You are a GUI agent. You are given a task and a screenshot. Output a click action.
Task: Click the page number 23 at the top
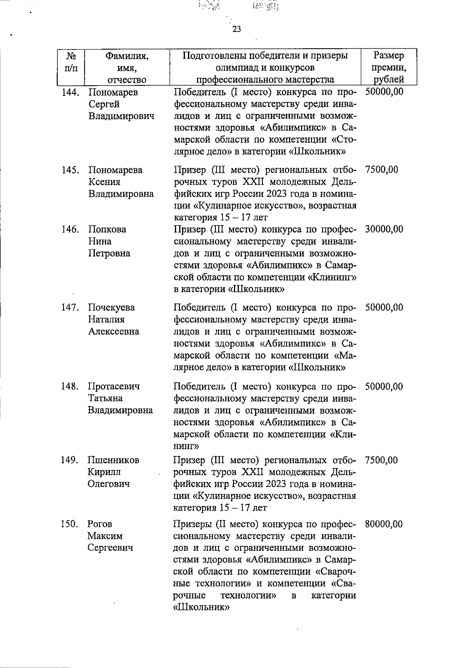pyautogui.click(x=237, y=30)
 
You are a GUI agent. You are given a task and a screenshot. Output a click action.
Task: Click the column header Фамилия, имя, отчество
pyautogui.click(x=127, y=68)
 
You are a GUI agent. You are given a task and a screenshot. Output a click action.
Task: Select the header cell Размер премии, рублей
pyautogui.click(x=388, y=68)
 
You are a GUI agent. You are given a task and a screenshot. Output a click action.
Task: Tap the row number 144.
pyautogui.click(x=71, y=92)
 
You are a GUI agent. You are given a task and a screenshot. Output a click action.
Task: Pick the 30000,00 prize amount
pyautogui.click(x=384, y=229)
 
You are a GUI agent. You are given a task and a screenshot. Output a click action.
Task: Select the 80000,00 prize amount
pyautogui.click(x=384, y=524)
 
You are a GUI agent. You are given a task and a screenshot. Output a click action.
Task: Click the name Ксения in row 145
pyautogui.click(x=104, y=182)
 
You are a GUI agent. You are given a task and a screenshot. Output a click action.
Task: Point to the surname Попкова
pyautogui.click(x=107, y=229)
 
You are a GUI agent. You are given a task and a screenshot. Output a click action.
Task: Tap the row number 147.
pyautogui.click(x=71, y=307)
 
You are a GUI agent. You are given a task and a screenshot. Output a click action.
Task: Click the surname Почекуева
pyautogui.click(x=111, y=307)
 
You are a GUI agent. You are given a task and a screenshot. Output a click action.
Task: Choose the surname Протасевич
pyautogui.click(x=113, y=386)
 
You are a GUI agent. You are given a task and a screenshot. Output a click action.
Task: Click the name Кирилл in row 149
pyautogui.click(x=104, y=472)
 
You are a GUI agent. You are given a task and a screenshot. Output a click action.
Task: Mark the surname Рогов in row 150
pyautogui.click(x=100, y=524)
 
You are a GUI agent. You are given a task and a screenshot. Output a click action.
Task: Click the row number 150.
pyautogui.click(x=70, y=524)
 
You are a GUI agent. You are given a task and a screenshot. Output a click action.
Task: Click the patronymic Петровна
pyautogui.click(x=109, y=253)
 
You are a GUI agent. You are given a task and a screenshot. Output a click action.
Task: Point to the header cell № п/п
pyautogui.click(x=71, y=62)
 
